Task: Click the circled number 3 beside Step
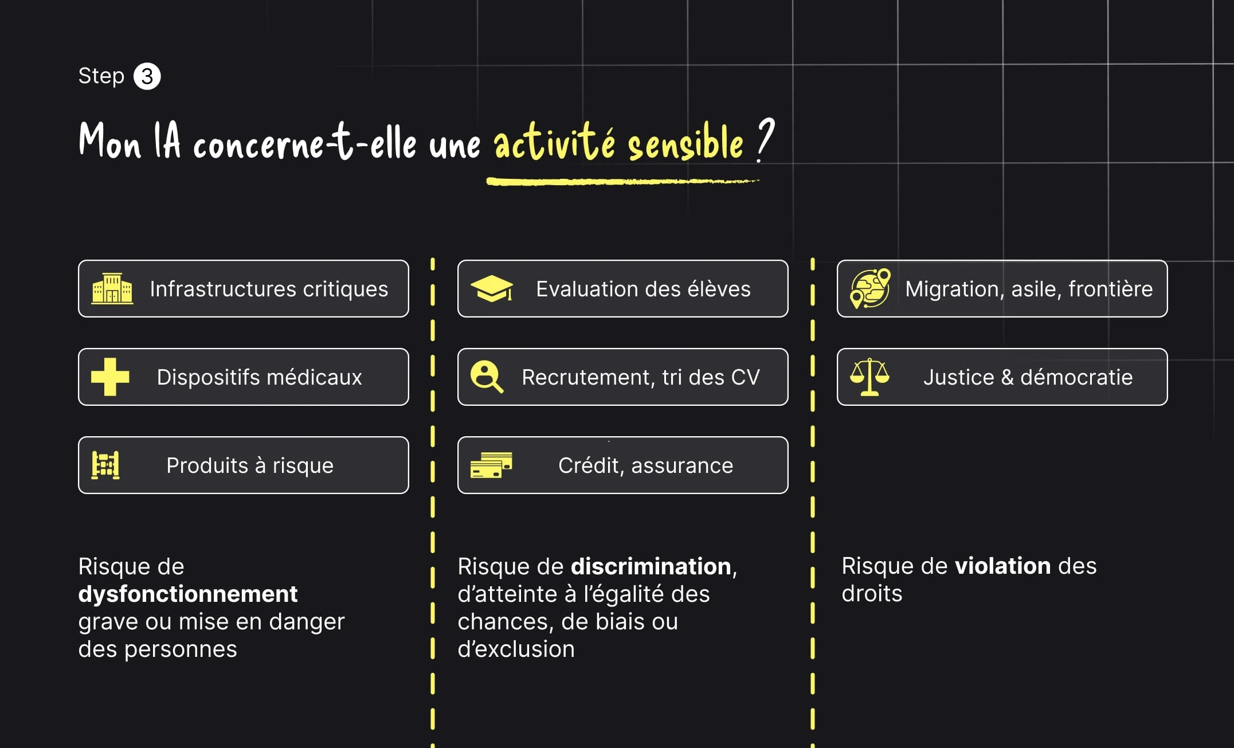coord(147,76)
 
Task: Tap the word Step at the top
coord(101,76)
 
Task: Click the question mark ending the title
coord(765,140)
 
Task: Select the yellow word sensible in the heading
coord(685,143)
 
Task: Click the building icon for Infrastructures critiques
coord(112,288)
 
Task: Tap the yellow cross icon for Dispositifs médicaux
coord(110,377)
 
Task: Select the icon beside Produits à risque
coord(106,465)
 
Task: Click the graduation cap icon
coord(492,288)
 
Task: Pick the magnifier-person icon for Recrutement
coord(487,377)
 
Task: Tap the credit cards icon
coord(491,465)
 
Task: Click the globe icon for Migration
coord(870,288)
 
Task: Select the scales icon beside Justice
coord(869,377)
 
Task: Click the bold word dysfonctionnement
coord(188,594)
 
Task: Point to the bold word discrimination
coord(651,566)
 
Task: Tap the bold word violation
coord(1002,566)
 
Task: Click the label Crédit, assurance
coord(645,465)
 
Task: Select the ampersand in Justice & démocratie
coord(1007,377)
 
